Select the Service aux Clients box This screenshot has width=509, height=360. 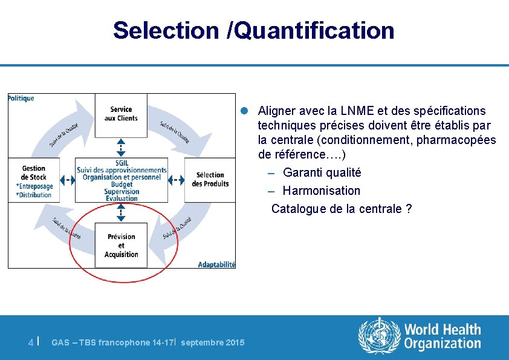click(x=121, y=114)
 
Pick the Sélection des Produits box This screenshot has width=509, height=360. click(x=210, y=179)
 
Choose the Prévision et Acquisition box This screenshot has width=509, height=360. click(x=121, y=246)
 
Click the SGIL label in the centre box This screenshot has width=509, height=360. click(x=122, y=163)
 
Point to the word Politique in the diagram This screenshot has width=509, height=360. click(x=21, y=98)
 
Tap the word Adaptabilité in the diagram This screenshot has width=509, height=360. click(x=216, y=264)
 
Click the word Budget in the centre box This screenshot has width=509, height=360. click(x=122, y=185)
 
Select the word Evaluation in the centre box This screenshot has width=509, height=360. click(x=122, y=198)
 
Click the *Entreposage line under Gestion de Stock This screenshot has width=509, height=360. click(x=34, y=186)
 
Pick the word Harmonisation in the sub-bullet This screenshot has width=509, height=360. click(x=322, y=191)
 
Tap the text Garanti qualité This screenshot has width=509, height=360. click(x=322, y=172)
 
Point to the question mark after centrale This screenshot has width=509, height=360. click(x=409, y=209)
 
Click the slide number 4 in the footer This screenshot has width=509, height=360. click(x=31, y=342)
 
